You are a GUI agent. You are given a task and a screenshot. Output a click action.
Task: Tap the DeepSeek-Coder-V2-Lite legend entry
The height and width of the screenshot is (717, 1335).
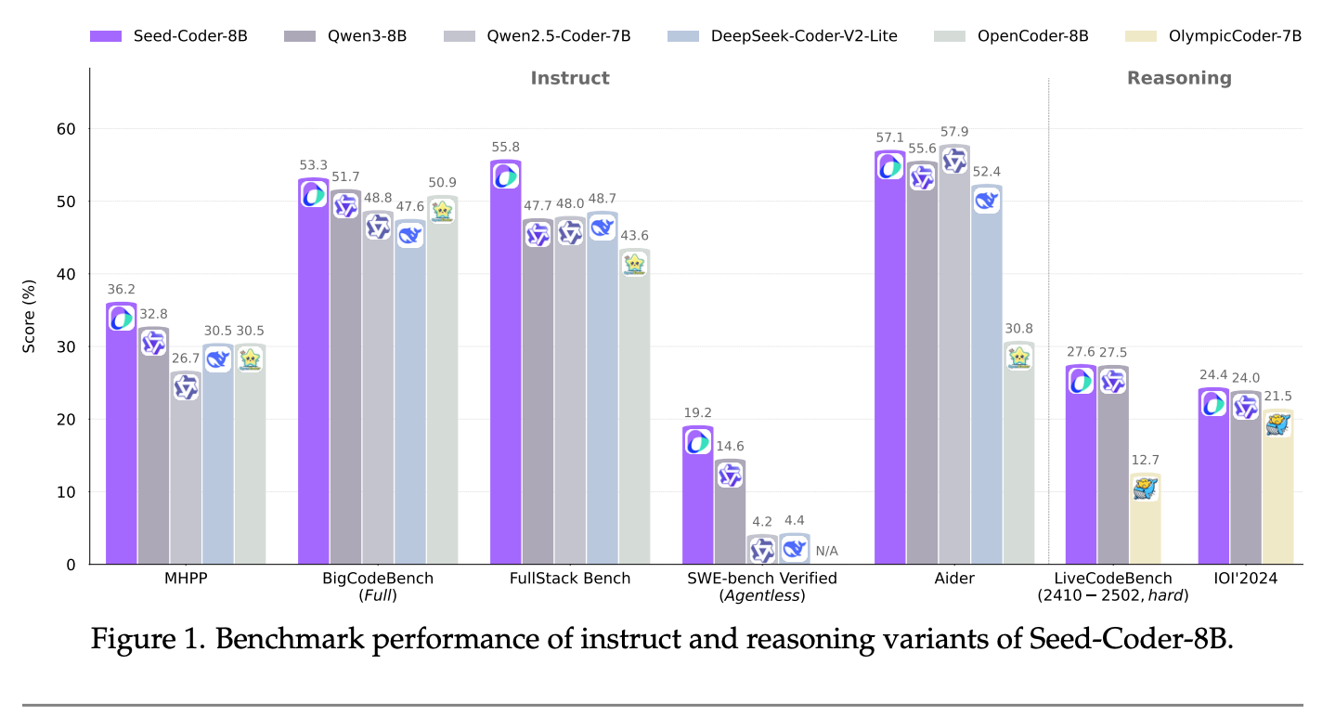tap(783, 36)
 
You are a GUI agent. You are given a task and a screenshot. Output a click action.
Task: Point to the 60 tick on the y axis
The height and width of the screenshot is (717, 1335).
tap(65, 128)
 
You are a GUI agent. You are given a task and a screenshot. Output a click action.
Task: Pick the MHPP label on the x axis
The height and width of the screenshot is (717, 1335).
tap(186, 579)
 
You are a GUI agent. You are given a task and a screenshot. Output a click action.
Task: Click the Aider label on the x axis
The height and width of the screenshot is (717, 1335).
tap(954, 579)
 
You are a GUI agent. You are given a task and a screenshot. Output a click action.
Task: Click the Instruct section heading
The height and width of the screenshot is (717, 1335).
tap(570, 78)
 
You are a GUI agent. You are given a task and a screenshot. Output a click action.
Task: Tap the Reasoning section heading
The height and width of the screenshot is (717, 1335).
tap(1179, 78)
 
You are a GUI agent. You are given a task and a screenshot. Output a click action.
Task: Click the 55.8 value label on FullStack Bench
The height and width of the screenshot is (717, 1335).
tap(506, 147)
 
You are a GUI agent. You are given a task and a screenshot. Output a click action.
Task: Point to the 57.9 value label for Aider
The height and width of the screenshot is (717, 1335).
tap(954, 132)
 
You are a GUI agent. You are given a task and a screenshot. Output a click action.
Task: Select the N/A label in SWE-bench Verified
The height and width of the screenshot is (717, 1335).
tap(826, 551)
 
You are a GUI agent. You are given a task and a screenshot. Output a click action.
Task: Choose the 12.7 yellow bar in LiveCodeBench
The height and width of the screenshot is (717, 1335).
tap(1146, 520)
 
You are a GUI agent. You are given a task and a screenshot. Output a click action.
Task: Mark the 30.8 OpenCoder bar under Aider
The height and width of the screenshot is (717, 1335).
tap(1018, 455)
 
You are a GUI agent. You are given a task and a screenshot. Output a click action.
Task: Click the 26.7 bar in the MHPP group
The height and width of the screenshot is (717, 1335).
tap(186, 469)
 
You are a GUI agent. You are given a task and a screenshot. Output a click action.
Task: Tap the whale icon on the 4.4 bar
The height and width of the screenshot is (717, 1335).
tap(795, 549)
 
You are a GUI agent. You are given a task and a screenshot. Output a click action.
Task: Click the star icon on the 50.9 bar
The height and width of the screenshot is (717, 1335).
tap(443, 211)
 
